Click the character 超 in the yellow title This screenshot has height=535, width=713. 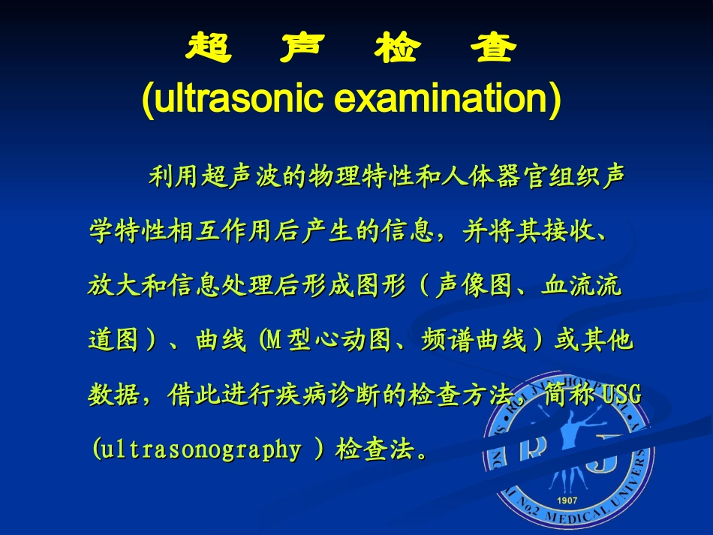(x=207, y=50)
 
